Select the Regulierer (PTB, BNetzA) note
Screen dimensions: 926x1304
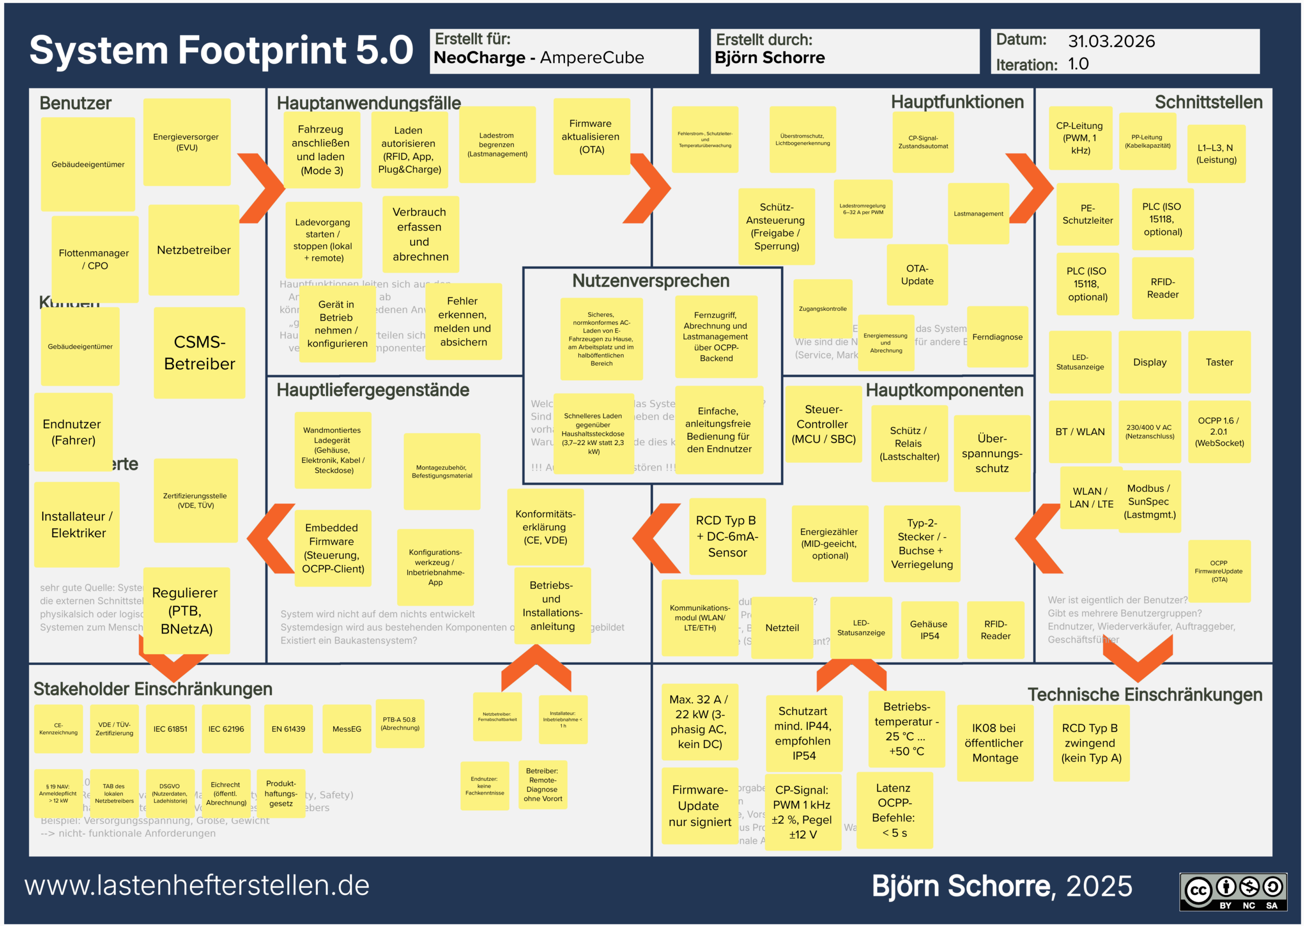[x=186, y=610]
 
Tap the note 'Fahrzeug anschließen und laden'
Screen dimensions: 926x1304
[x=321, y=149]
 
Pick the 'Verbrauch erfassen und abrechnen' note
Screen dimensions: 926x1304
[x=420, y=234]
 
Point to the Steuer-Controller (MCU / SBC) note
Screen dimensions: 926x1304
[x=823, y=424]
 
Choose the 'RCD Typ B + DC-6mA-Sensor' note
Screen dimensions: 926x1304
[x=727, y=536]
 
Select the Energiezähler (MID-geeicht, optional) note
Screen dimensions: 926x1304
[x=829, y=543]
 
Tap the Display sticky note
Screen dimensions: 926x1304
[x=1149, y=362]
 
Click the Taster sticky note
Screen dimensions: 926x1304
[x=1218, y=362]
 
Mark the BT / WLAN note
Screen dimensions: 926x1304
[x=1079, y=432]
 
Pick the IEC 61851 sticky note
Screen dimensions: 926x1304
[x=170, y=729]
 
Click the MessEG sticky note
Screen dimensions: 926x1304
[x=346, y=729]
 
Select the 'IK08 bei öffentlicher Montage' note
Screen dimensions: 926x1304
[x=994, y=743]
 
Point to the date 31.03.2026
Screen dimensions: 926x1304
[x=1111, y=41]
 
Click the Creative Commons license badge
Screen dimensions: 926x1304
[x=1233, y=891]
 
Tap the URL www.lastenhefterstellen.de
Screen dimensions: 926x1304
[x=197, y=886]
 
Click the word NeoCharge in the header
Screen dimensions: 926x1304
[x=479, y=58]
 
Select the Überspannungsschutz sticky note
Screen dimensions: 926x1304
[x=992, y=453]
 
